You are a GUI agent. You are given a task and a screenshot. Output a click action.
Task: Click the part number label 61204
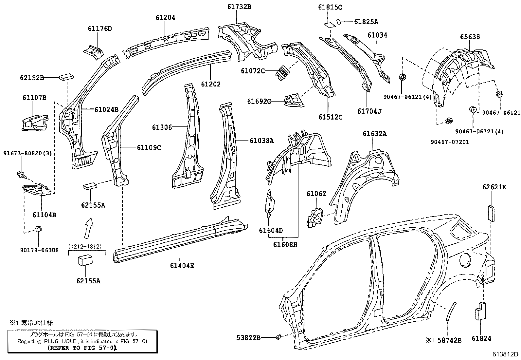coord(165,18)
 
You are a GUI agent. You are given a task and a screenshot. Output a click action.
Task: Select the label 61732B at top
coord(239,7)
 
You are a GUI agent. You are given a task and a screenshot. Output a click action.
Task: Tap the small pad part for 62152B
coord(66,77)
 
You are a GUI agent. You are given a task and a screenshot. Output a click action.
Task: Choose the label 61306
coord(162,127)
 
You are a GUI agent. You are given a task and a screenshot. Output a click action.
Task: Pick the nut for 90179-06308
coord(38,228)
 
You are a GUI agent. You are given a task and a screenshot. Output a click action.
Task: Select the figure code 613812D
coord(506,354)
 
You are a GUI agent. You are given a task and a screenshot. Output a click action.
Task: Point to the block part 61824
coord(480,311)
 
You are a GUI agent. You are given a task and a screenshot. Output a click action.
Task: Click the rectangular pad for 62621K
coord(491,213)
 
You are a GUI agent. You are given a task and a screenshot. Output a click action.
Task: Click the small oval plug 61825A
coord(339,22)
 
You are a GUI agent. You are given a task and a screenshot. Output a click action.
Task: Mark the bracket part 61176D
coord(93,51)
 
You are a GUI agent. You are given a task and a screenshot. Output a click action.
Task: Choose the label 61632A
coord(374,134)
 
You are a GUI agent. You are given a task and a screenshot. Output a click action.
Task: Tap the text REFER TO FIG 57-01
coord(82,348)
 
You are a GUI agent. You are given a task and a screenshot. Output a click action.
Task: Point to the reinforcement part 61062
coord(315,217)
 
